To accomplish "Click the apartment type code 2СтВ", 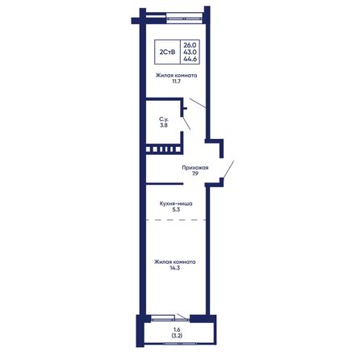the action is [167, 52].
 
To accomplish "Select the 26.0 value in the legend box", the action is [190, 45].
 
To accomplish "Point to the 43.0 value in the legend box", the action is [190, 52].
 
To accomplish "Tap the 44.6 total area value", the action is [190, 59].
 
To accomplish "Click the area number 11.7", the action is [176, 82].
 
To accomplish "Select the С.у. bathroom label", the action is [164, 119].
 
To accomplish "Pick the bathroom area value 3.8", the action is [164, 125].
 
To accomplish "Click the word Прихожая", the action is [195, 168].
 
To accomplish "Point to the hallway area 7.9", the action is [195, 174].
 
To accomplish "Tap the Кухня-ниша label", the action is [176, 203].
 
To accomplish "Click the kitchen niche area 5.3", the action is [176, 210].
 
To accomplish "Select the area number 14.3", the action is [175, 268].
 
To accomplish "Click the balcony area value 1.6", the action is [177, 329].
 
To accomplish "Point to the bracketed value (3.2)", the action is [177, 336].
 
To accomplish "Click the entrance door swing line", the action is [228, 170].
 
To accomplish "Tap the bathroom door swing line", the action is [186, 123].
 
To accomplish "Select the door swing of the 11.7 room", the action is [198, 103].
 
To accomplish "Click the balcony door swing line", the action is [182, 316].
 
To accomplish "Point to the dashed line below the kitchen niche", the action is [176, 220].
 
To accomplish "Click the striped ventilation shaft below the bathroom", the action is [163, 149].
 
